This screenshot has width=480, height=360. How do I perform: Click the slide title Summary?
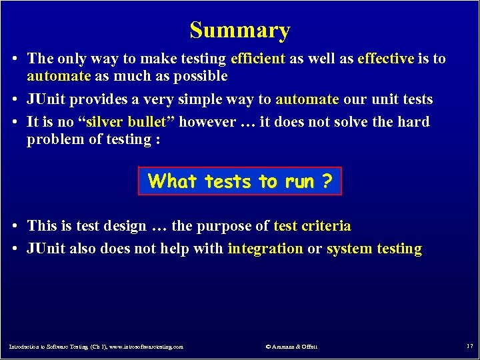[240, 30]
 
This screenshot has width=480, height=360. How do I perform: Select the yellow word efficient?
[257, 59]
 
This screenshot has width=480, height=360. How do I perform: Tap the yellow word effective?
[385, 59]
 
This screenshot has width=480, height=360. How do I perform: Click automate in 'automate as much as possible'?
[58, 76]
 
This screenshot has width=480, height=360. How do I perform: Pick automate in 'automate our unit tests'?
[307, 99]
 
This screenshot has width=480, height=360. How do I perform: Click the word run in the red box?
[298, 181]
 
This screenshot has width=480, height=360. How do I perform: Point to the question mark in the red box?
[326, 181]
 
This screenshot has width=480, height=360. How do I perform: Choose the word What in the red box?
[173, 181]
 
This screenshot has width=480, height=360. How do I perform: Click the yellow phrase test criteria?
[312, 226]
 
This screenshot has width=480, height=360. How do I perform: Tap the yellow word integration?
[265, 249]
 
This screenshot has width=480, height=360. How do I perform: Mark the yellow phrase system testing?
[374, 249]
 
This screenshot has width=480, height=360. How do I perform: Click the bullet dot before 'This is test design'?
[15, 227]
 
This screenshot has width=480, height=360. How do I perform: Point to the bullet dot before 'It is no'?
[15, 123]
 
